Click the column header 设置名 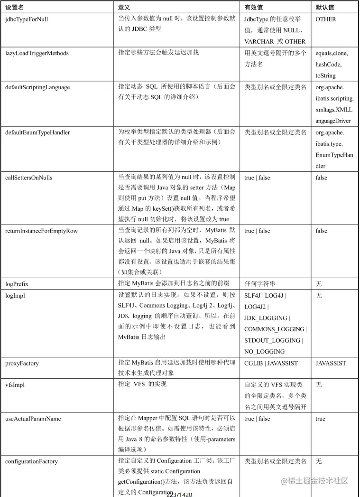click(x=15, y=8)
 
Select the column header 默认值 click(x=325, y=8)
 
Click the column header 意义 click(x=124, y=8)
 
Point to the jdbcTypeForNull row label click(x=27, y=19)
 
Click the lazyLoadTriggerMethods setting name click(x=37, y=53)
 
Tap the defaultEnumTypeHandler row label click(x=37, y=132)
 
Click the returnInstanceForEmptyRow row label click(x=41, y=231)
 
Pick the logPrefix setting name click(x=17, y=284)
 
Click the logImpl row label click(x=15, y=295)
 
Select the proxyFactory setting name click(x=22, y=364)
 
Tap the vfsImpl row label click(x=16, y=385)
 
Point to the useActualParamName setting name click(x=34, y=419)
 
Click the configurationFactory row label click(x=31, y=461)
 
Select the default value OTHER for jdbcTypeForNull click(x=325, y=19)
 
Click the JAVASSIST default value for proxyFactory click(x=331, y=364)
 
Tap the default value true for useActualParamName click(x=320, y=419)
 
